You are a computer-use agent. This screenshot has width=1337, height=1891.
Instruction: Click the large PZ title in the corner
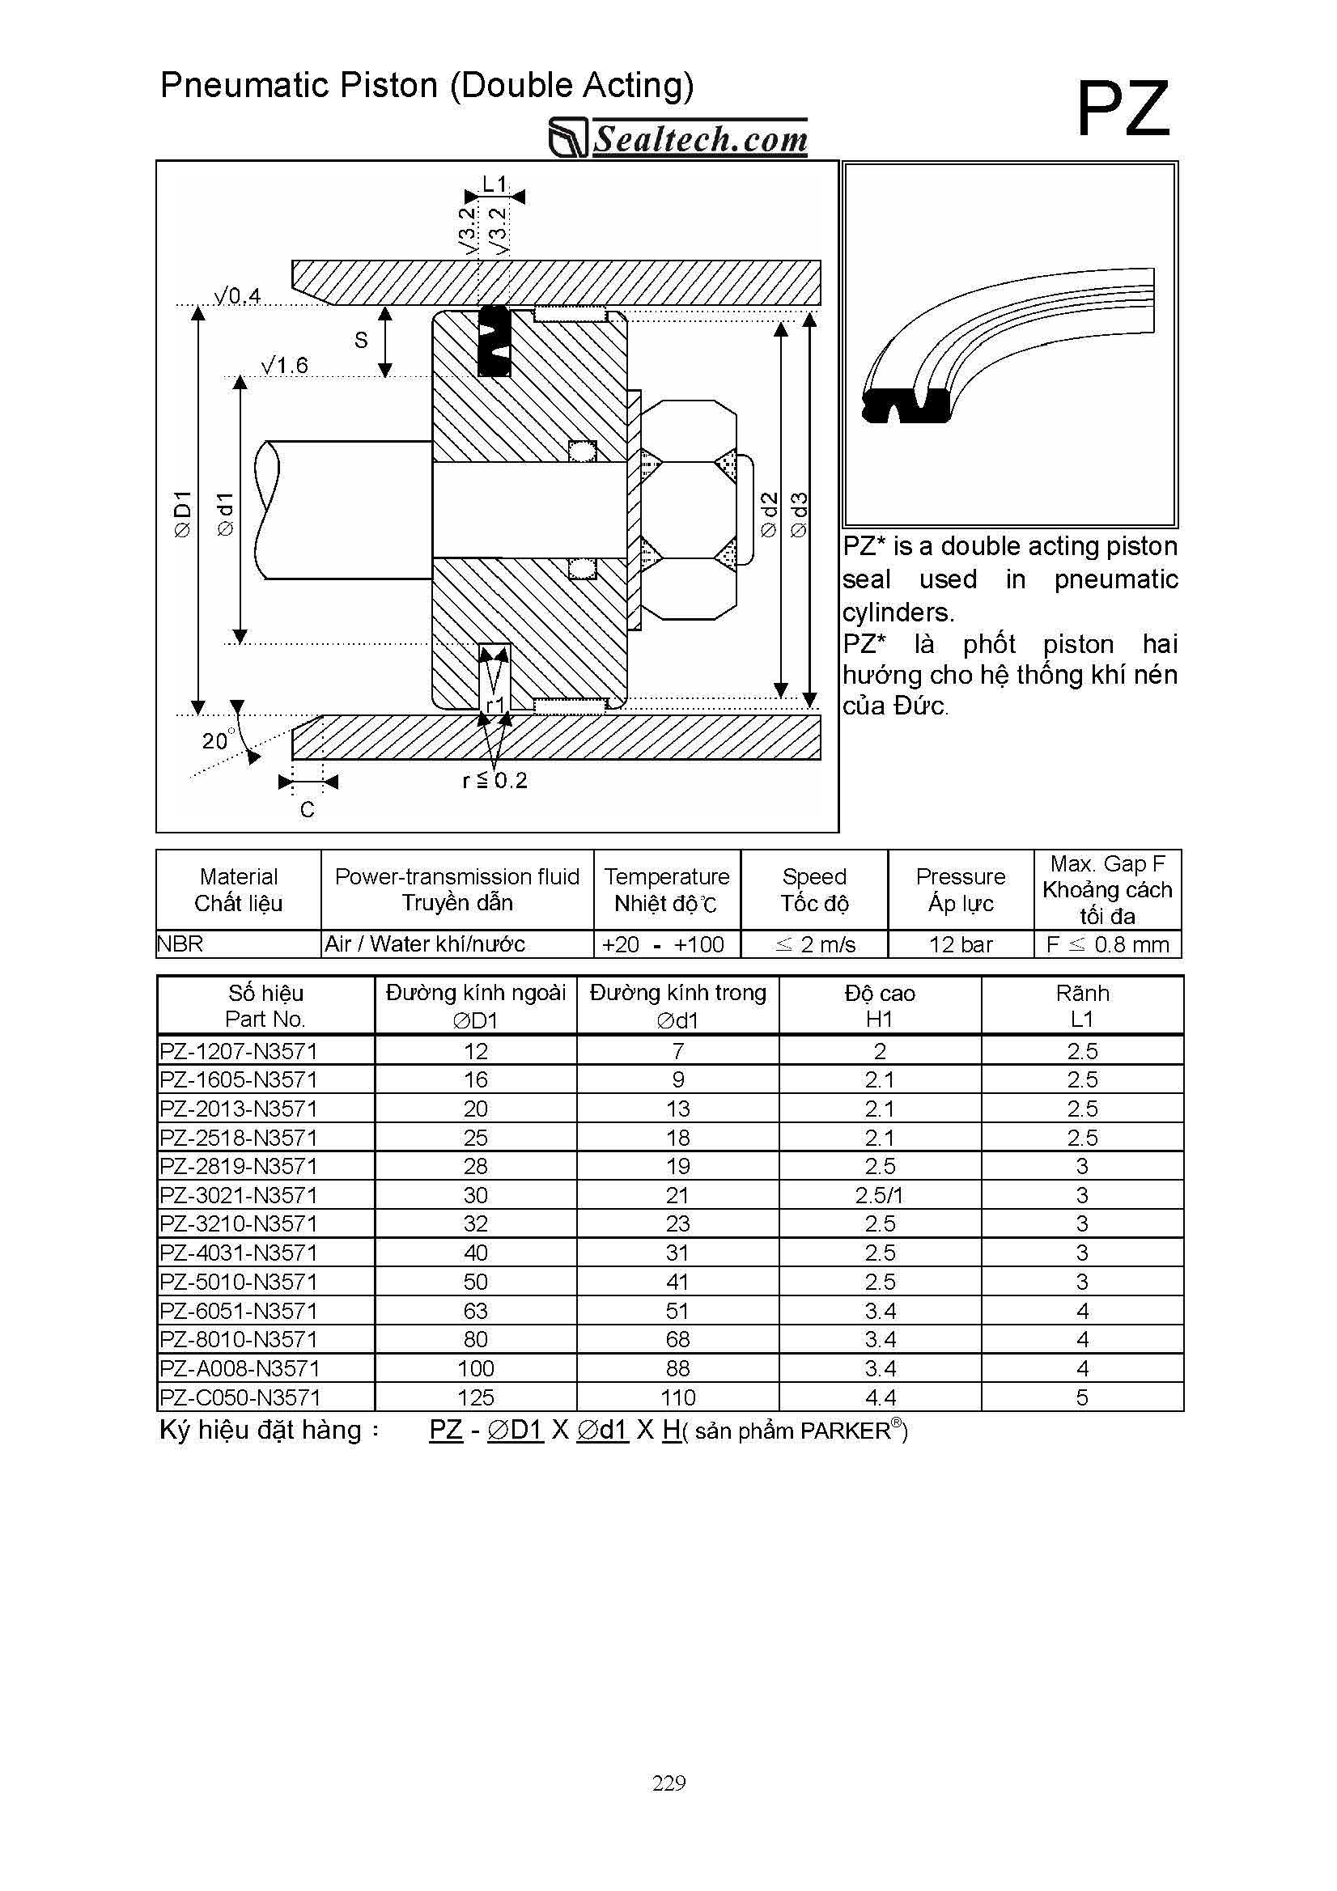point(1122,109)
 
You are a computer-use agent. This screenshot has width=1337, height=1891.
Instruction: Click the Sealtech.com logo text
point(699,139)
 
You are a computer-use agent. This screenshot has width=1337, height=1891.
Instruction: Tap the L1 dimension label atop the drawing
point(494,184)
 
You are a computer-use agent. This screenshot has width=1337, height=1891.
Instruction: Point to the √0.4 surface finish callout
point(237,295)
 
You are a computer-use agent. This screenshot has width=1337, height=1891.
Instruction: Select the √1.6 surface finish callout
point(284,365)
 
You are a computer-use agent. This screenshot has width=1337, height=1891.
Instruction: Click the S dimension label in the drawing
point(361,340)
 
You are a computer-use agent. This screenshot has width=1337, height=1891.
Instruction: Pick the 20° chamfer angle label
point(216,740)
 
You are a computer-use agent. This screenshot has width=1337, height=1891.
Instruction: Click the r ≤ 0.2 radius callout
point(494,780)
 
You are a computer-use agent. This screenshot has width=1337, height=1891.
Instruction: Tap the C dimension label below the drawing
point(308,810)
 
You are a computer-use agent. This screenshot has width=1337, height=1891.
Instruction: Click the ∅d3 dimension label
point(798,515)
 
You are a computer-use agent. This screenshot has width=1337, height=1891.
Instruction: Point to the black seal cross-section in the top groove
point(494,341)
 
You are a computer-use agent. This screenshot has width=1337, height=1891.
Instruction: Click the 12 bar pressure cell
point(961,944)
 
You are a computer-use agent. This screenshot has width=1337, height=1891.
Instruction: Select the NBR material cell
point(180,943)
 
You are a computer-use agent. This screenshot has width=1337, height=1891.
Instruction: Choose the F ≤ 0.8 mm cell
point(1107,944)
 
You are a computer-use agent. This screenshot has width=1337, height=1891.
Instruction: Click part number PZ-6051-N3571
point(239,1310)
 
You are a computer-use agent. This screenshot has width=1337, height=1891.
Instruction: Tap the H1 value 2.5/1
point(879,1195)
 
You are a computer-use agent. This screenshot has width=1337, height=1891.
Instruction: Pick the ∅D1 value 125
point(475,1397)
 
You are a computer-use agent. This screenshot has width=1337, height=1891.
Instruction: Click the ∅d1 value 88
point(677,1368)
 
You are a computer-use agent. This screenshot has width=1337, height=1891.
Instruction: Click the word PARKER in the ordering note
point(845,1431)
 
